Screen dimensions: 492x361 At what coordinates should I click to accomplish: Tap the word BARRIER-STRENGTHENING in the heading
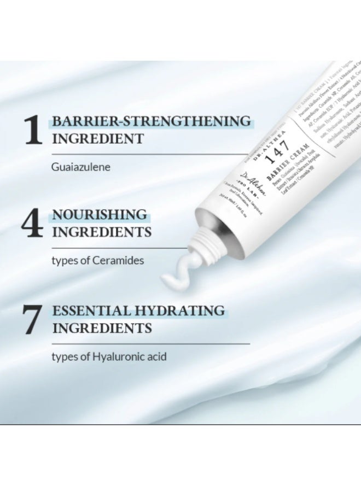tap(152, 121)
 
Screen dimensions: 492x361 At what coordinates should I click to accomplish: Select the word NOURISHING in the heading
tap(100, 214)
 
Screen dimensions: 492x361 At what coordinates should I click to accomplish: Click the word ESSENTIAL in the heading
tap(91, 311)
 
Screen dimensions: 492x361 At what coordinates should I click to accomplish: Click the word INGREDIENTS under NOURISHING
tap(101, 232)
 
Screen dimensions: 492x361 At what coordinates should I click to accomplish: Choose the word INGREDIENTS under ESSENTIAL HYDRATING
tap(101, 328)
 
